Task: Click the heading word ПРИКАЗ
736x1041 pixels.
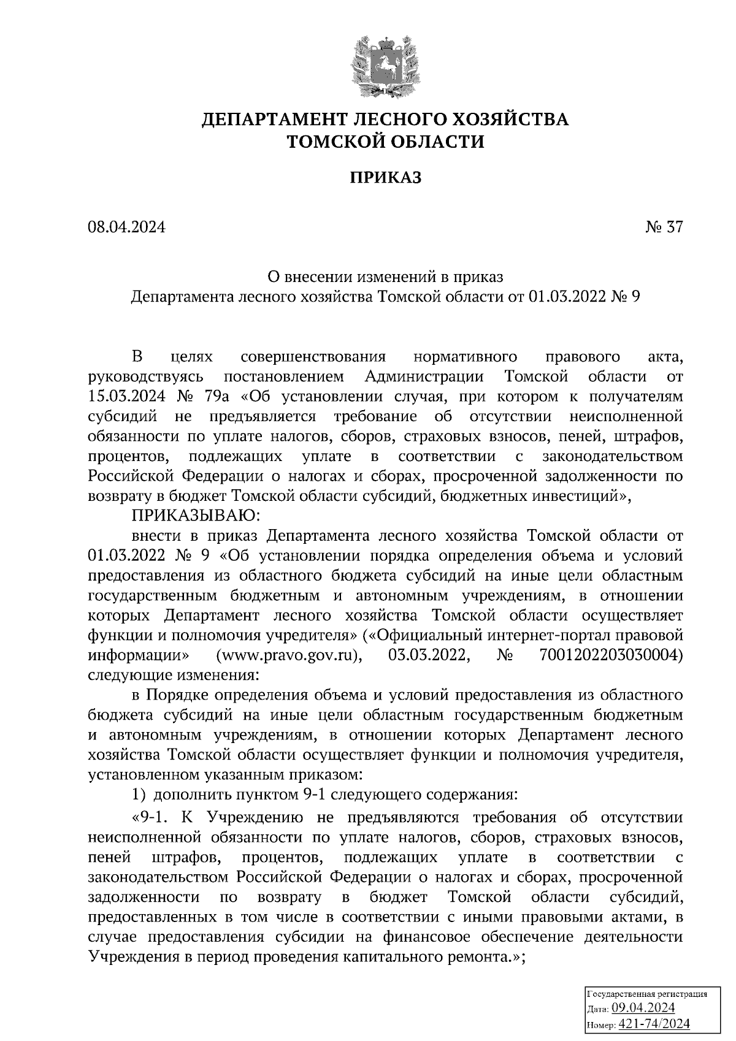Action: pyautogui.click(x=386, y=178)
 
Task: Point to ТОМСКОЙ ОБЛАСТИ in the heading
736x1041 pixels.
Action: pyautogui.click(x=386, y=142)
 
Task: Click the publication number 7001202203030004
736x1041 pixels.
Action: pyautogui.click(x=611, y=655)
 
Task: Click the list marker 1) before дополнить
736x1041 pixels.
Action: pyautogui.click(x=139, y=795)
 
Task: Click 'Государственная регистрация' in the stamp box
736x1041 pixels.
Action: pyautogui.click(x=648, y=994)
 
